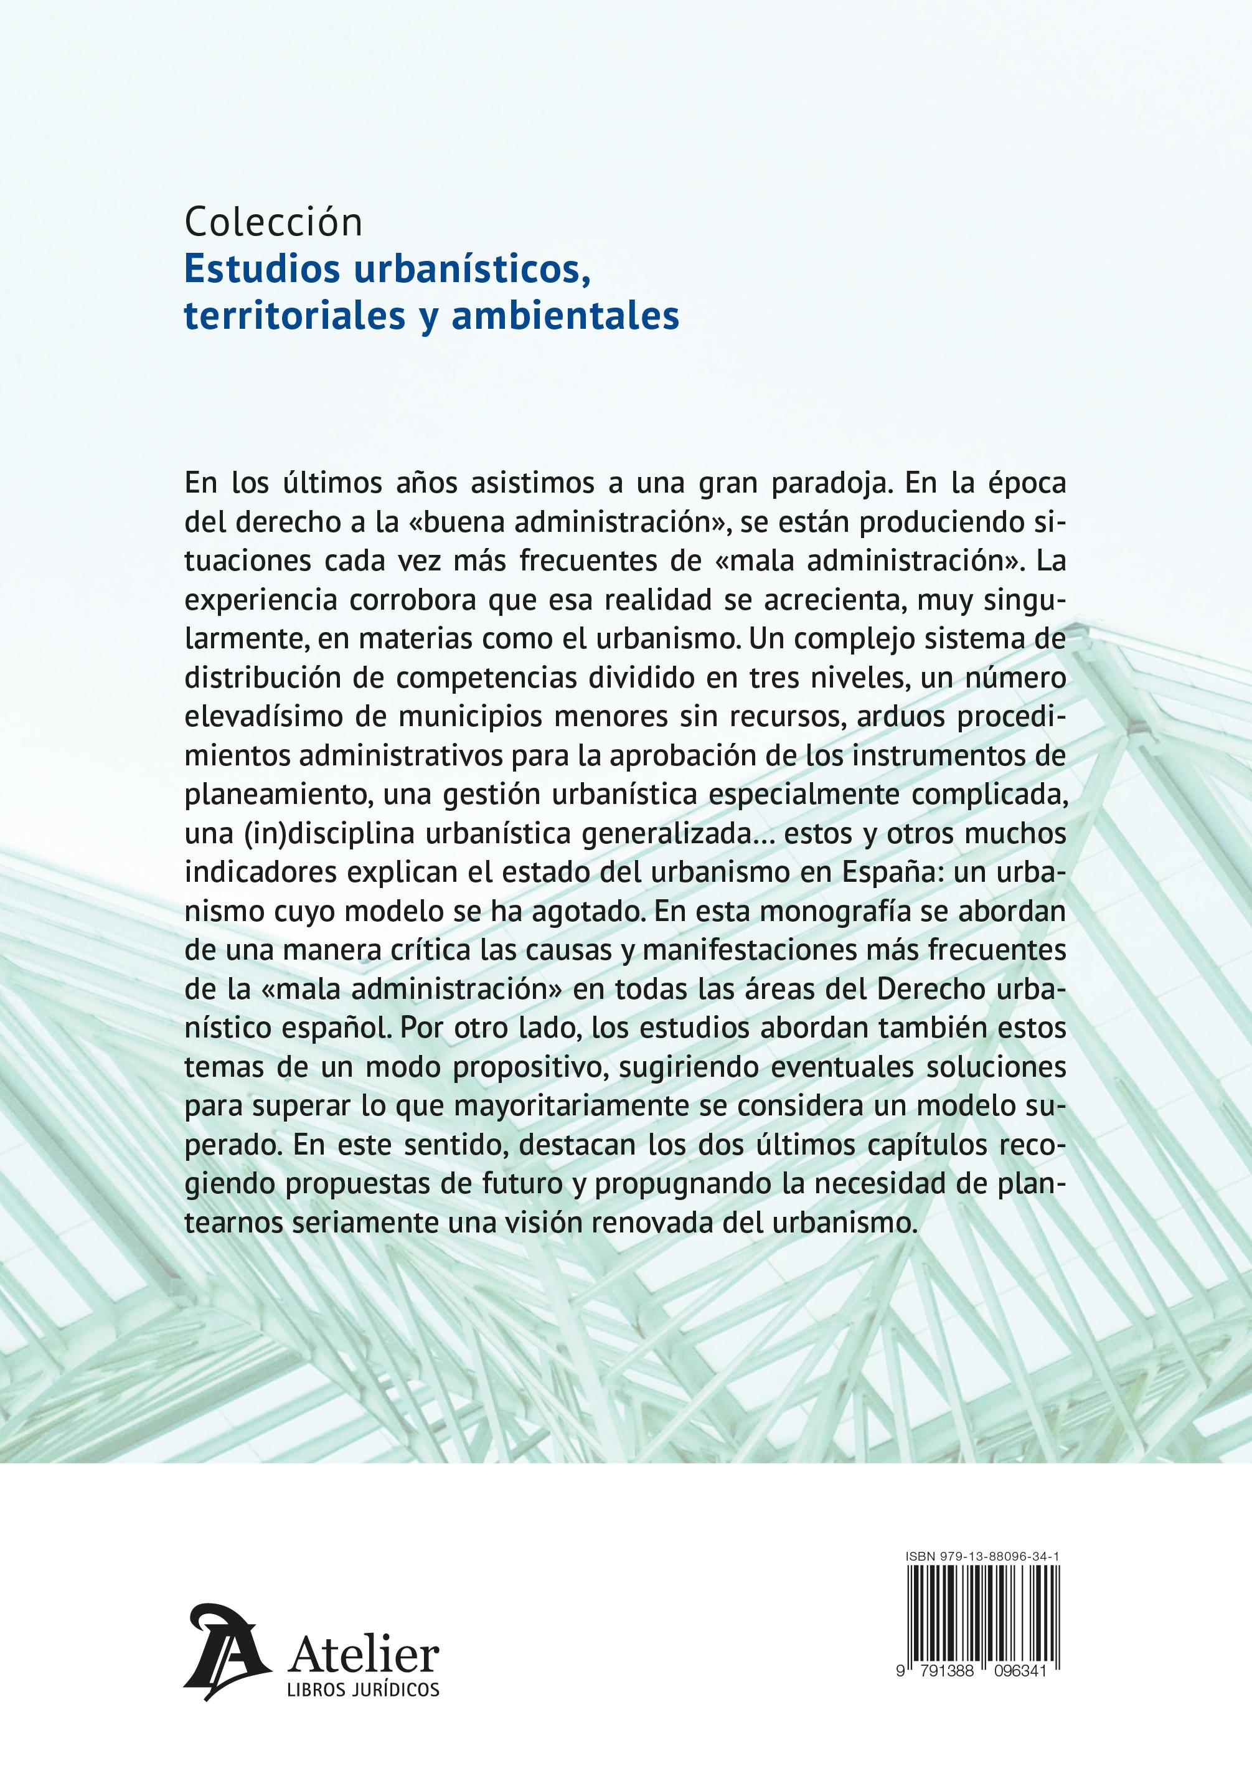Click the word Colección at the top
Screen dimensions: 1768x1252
[273, 223]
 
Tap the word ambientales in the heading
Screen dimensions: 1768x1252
[565, 315]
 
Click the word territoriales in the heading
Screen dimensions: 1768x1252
[294, 315]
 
